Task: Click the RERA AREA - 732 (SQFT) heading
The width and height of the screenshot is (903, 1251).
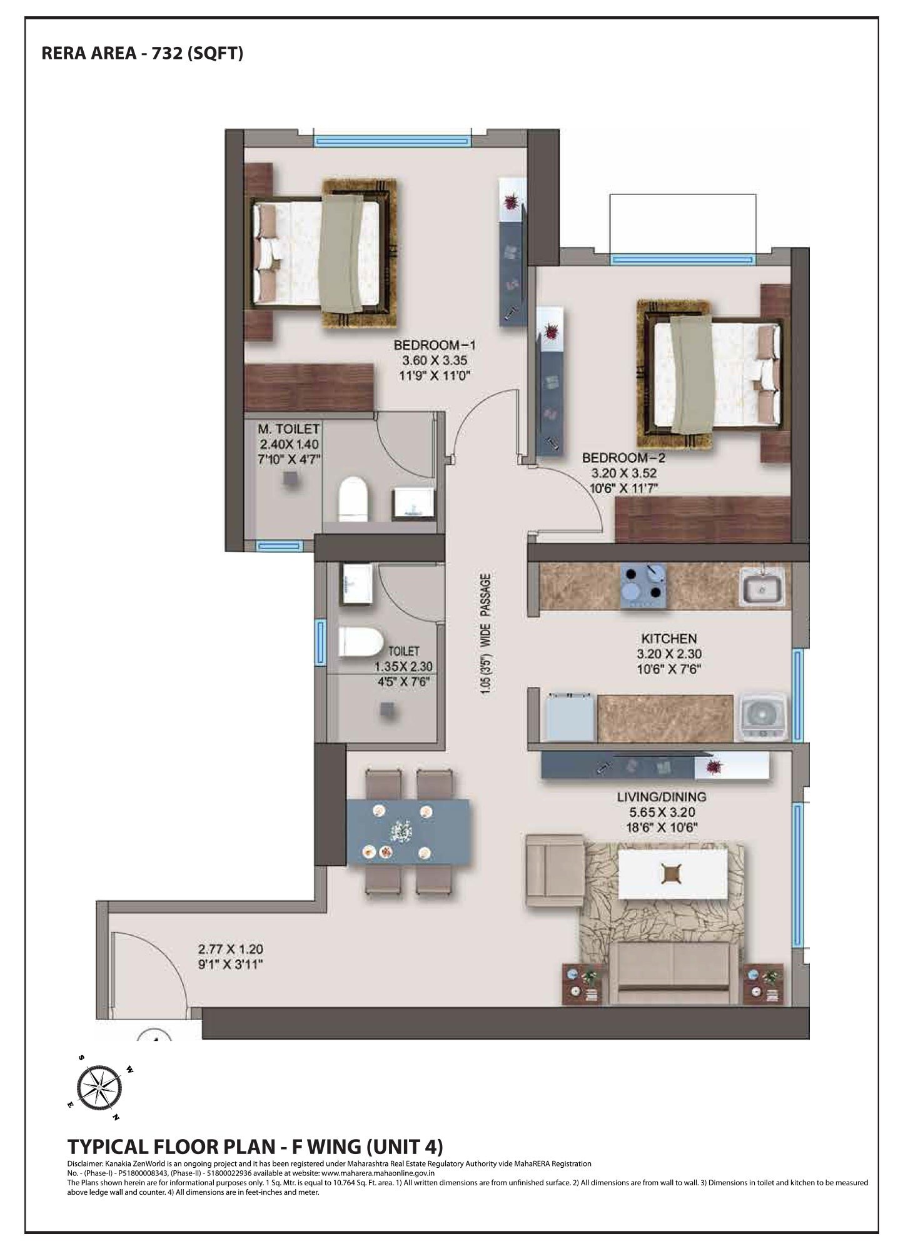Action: (x=142, y=53)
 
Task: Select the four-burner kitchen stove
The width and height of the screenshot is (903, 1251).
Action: (x=643, y=586)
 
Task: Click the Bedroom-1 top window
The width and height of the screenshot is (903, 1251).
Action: (x=391, y=141)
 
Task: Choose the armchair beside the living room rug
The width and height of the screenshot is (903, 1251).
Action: (x=554, y=870)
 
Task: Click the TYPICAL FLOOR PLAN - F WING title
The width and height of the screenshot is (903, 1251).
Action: (x=255, y=1147)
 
